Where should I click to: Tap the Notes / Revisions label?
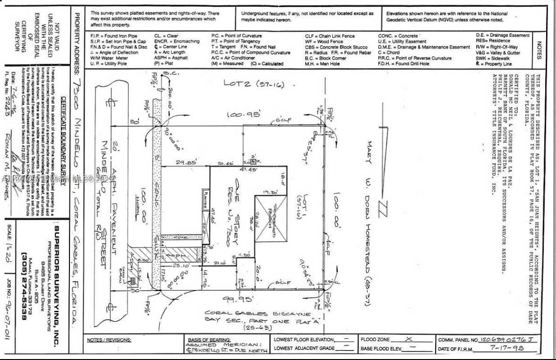(109, 340)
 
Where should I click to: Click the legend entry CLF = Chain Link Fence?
(330, 36)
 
